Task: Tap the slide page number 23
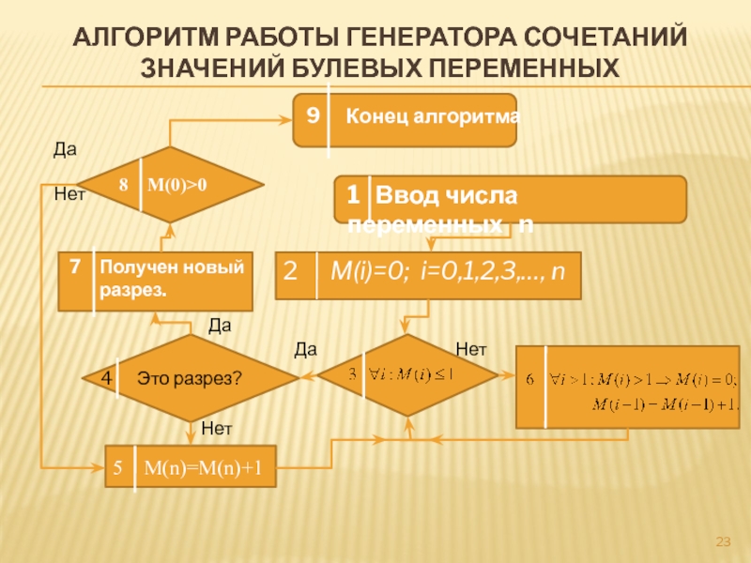coord(723,542)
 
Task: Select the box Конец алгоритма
coord(405,119)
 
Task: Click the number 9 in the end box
coord(313,115)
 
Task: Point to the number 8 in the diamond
coord(123,185)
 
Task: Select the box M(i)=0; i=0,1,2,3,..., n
coord(428,274)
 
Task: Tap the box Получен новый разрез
coord(156,281)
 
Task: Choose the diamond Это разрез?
coord(190,378)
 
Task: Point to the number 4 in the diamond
coord(105,377)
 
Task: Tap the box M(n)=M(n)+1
coord(190,467)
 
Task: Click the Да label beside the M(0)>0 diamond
coord(64,149)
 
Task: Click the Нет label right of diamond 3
coord(470,349)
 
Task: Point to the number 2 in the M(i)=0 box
coord(291,273)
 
